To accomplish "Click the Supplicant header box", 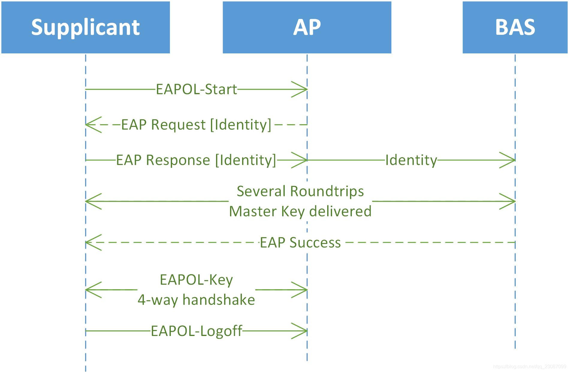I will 85,27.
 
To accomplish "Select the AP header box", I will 307,27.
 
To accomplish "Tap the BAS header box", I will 515,27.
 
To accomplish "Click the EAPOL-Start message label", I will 197,89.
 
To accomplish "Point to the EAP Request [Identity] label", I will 196,124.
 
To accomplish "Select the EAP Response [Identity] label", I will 196,160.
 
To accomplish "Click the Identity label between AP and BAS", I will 411,160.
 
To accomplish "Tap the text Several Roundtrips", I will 300,191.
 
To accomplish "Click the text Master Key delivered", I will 300,211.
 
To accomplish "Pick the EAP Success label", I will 300,242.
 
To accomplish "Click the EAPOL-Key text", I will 196,280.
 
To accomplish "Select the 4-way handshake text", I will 196,300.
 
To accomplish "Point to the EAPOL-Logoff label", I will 196,331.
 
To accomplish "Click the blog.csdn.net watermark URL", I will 529,367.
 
